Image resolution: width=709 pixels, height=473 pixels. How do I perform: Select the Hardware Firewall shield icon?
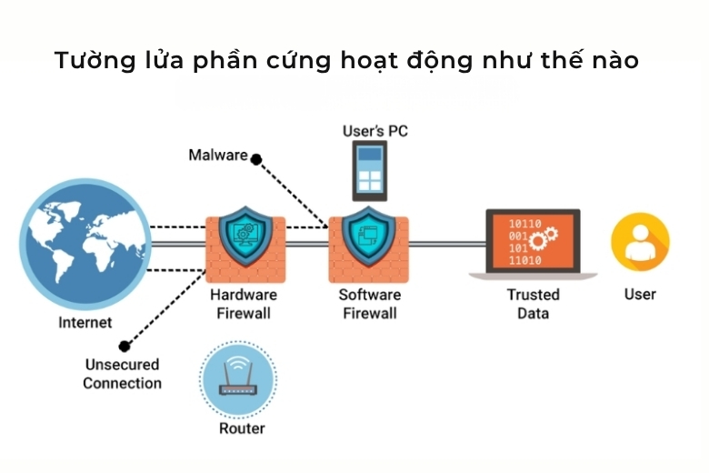point(245,236)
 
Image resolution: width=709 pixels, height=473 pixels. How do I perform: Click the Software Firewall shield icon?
point(367,236)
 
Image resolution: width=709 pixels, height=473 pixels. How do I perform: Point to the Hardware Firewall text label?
point(244,304)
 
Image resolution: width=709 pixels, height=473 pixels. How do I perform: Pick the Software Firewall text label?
point(368,304)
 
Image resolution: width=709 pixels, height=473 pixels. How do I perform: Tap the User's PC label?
point(374,131)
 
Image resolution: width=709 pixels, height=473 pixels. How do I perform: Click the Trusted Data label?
point(533,304)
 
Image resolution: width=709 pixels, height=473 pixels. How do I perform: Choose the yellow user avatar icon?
point(640,243)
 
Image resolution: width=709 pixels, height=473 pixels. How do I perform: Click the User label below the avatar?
point(640,295)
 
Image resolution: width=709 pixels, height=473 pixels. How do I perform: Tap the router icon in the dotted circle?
point(237,380)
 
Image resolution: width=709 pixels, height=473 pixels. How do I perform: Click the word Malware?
point(217,155)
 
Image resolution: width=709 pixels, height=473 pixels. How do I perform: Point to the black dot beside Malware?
point(256,159)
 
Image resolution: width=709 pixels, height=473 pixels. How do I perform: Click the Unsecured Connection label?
point(122,374)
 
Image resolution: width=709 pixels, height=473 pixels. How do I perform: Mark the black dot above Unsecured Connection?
point(125,347)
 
